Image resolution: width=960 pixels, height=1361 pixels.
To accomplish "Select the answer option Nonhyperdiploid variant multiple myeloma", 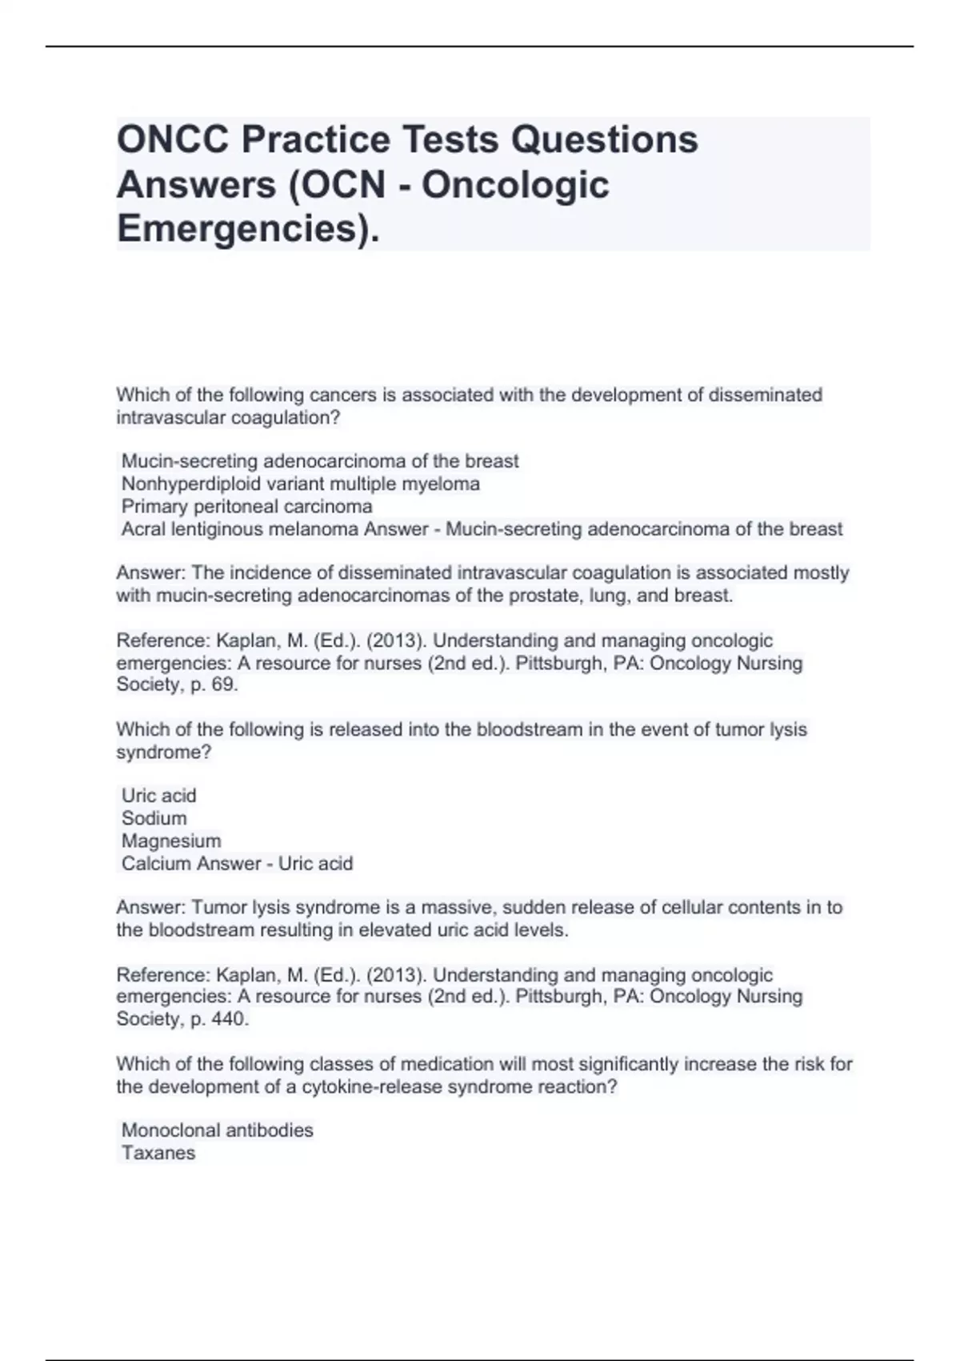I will point(300,484).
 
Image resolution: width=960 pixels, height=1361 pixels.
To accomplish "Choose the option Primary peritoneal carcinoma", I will point(246,507).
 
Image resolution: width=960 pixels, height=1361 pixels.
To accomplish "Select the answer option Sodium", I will point(154,818).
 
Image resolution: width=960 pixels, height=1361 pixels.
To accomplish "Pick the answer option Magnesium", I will point(170,841).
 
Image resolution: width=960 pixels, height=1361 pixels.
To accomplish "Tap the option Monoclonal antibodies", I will point(217,1130).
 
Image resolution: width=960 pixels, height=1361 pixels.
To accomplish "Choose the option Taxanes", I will point(158,1153).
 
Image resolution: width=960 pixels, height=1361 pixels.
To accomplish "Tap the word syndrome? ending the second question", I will point(163,753).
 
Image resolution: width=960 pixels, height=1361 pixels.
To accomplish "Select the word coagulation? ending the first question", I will point(286,418).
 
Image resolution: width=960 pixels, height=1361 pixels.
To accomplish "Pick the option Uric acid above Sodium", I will point(158,796).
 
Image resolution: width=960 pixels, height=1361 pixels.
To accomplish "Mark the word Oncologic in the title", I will point(515,185).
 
